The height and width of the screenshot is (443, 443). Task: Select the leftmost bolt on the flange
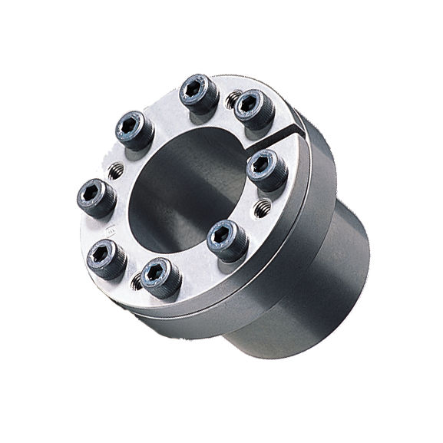coord(95,198)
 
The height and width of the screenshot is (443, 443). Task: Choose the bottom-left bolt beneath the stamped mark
coord(106,256)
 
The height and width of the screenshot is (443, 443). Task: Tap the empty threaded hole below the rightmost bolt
coord(263,206)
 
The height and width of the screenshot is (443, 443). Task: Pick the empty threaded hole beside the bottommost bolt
coord(137,283)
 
